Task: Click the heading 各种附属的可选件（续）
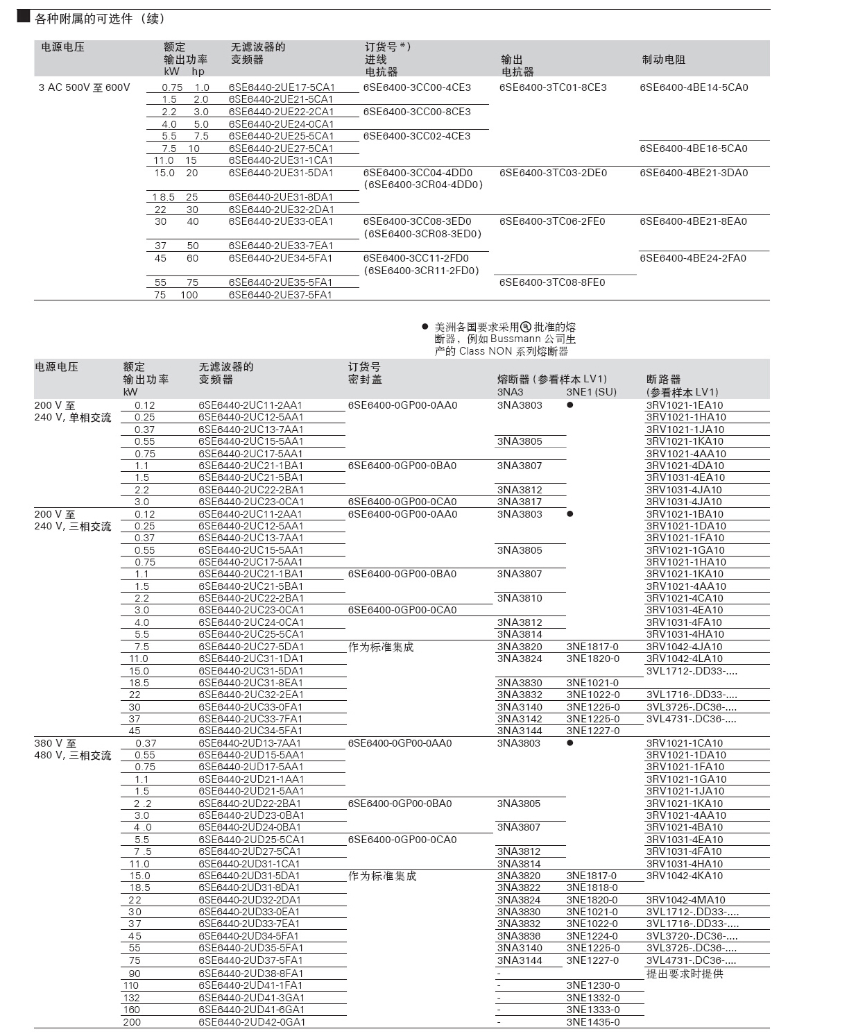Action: tap(100, 19)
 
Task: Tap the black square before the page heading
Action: tap(23, 17)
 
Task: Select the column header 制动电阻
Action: tap(663, 60)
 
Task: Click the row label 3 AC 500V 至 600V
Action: tap(85, 87)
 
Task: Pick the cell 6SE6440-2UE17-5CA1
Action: tap(282, 87)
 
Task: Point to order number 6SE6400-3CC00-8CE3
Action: tap(417, 112)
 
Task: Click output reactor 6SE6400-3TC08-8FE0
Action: tap(552, 282)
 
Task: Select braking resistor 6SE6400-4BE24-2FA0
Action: tap(693, 258)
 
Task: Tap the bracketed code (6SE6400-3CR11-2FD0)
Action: tap(422, 271)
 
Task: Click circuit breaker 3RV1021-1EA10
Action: tap(685, 405)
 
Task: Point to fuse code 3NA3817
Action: tap(520, 502)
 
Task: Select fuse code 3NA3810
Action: tap(520, 598)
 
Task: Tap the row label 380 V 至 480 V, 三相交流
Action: tap(72, 749)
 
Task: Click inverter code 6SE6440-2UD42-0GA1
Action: tap(252, 1022)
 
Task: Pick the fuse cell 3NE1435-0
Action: tap(593, 1022)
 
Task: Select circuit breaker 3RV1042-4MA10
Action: tap(685, 900)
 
